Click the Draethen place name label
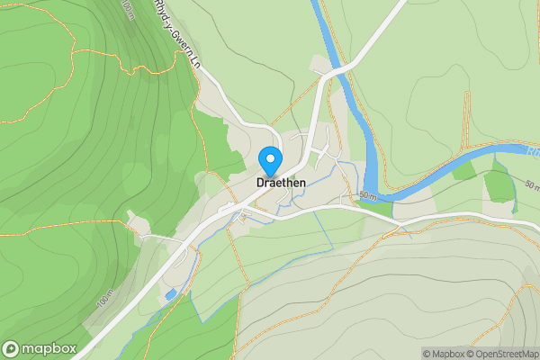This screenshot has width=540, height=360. (x=281, y=182)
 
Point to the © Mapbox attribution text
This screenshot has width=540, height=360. (x=447, y=354)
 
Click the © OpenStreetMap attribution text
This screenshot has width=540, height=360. (x=506, y=354)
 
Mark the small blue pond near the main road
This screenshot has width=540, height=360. (x=170, y=294)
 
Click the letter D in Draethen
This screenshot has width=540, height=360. (x=260, y=182)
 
